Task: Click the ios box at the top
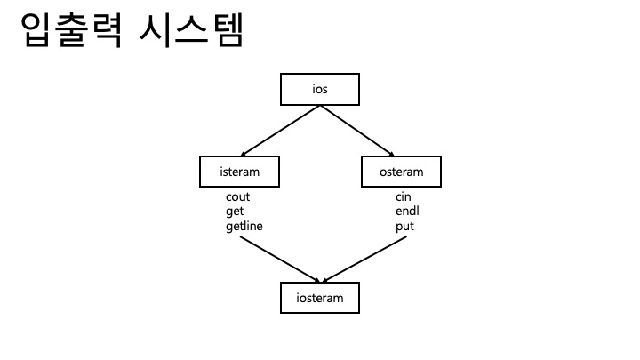[320, 90]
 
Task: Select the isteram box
[239, 172]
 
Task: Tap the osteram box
[401, 172]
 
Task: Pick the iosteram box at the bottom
[320, 297]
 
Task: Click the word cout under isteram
[238, 196]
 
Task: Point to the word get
[235, 212]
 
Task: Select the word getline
[244, 227]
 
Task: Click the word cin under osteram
[403, 196]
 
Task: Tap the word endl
[406, 212]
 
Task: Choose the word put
[404, 227]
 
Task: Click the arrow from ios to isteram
[279, 130]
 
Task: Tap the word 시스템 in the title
[191, 33]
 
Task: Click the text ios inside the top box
[320, 90]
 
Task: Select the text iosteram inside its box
[320, 297]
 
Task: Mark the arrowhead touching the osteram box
[392, 154]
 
